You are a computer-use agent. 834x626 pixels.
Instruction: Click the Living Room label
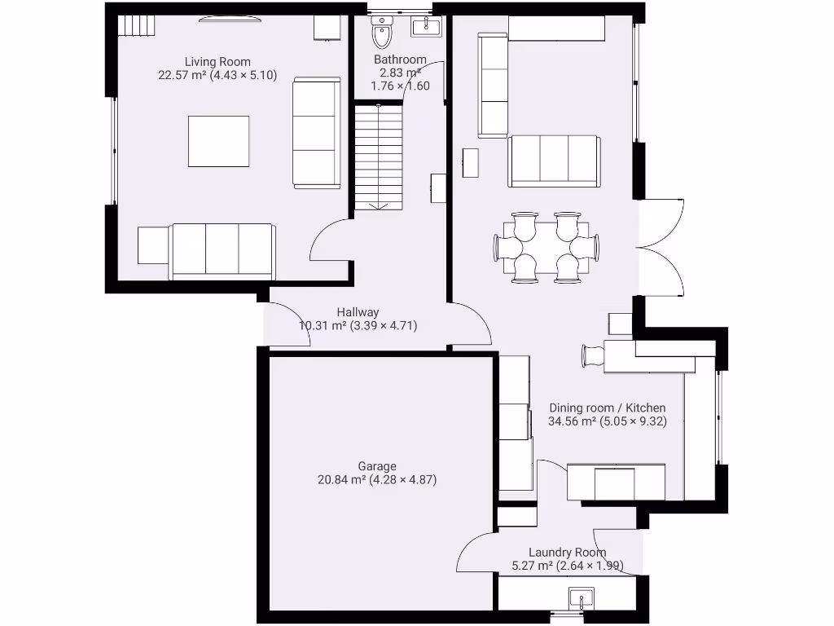pos(217,62)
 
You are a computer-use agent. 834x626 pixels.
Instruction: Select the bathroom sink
pos(425,28)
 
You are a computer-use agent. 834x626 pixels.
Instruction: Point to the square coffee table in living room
pos(218,141)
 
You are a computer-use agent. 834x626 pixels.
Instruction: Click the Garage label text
pos(376,466)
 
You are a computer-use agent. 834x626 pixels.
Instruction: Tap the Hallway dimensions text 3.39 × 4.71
pos(384,326)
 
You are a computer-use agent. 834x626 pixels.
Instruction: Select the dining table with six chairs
pos(546,247)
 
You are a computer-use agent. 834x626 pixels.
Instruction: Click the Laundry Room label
pos(567,552)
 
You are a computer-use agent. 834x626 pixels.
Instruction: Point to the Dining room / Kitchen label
pos(607,408)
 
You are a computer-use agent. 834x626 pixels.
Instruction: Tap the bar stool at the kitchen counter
pos(592,355)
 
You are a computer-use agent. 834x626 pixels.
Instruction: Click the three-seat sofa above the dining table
pos(554,160)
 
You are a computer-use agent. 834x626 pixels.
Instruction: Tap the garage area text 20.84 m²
pos(341,480)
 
